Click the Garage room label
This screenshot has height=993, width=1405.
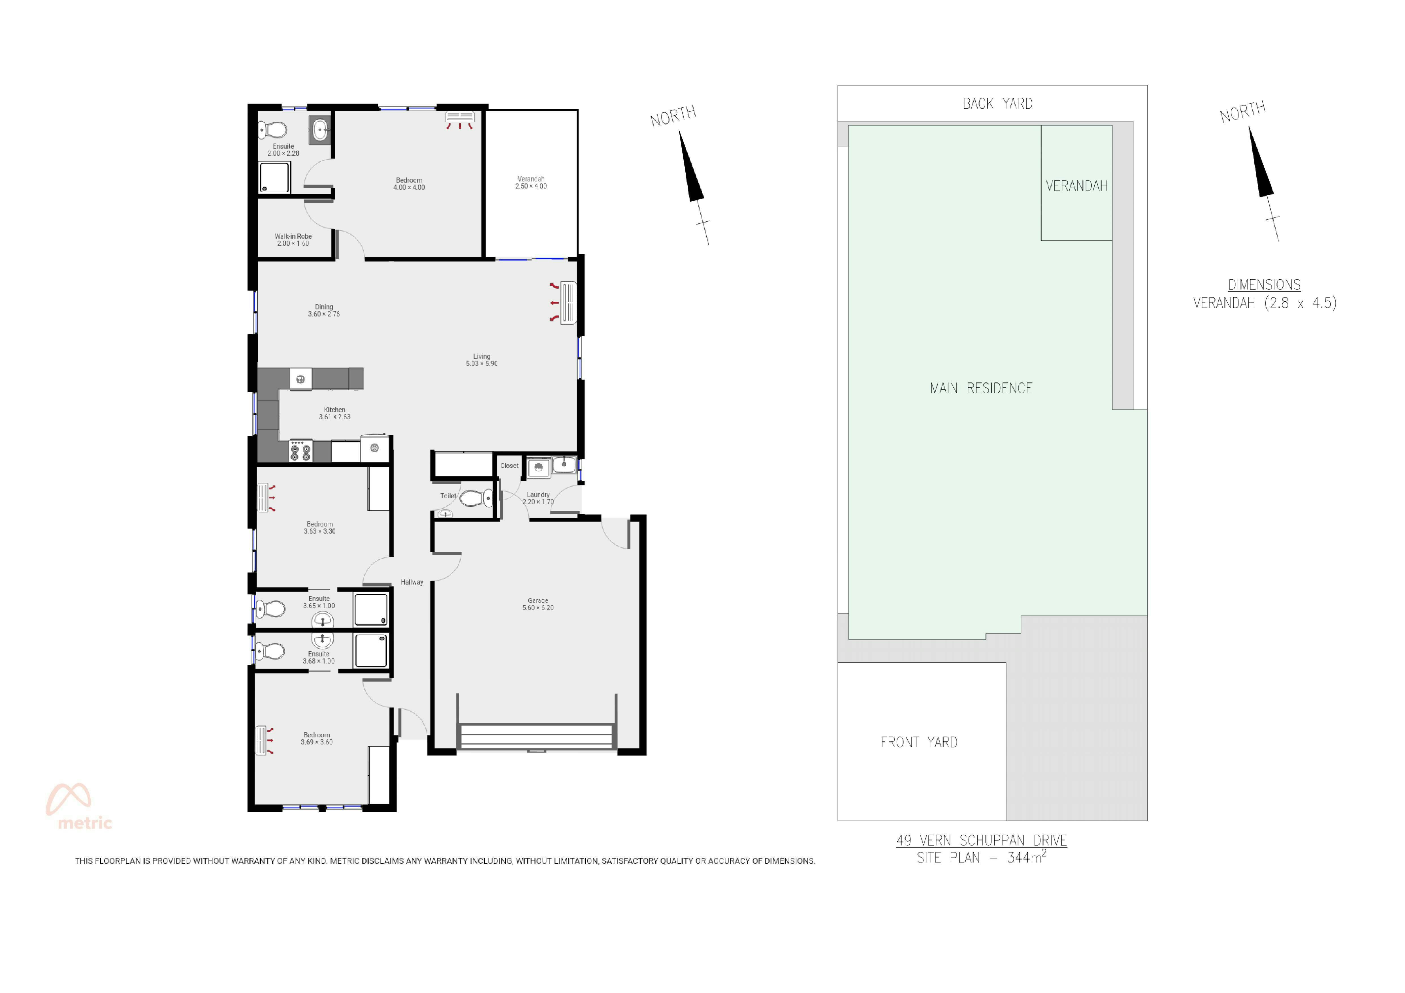click(538, 604)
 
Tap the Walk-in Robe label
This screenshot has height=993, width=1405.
click(293, 240)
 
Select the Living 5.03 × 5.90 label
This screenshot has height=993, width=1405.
click(481, 359)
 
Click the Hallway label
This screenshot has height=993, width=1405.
click(412, 582)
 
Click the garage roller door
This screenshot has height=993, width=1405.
click(537, 737)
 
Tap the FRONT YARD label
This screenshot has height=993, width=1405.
click(918, 742)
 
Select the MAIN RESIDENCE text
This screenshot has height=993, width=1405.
click(981, 388)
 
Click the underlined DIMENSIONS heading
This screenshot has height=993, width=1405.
click(1264, 285)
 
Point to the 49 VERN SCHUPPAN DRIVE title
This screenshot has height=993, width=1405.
click(982, 841)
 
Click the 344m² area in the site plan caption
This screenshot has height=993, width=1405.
click(1026, 857)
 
